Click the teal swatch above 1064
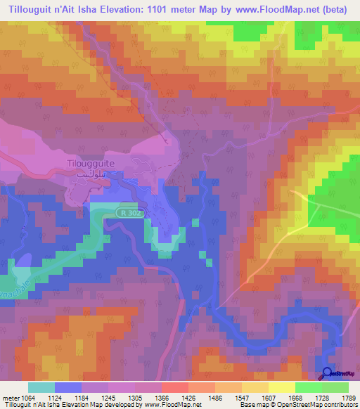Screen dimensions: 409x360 tap(41, 387)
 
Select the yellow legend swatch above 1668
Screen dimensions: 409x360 tap(281, 387)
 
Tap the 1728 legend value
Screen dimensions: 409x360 tap(308, 398)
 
